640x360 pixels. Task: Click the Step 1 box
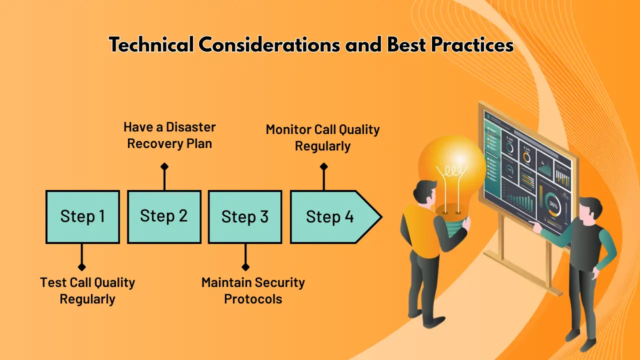coord(82,216)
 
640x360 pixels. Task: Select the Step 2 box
coord(164,216)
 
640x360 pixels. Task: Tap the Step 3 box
coord(245,216)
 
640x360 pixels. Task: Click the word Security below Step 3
coord(279,282)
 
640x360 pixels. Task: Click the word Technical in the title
coord(151,45)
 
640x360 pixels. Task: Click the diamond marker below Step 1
coord(82,267)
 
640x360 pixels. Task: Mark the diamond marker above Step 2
coord(164,166)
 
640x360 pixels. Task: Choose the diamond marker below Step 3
coord(245,267)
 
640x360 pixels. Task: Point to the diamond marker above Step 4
coord(323,166)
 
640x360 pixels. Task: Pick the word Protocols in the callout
coord(253,299)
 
